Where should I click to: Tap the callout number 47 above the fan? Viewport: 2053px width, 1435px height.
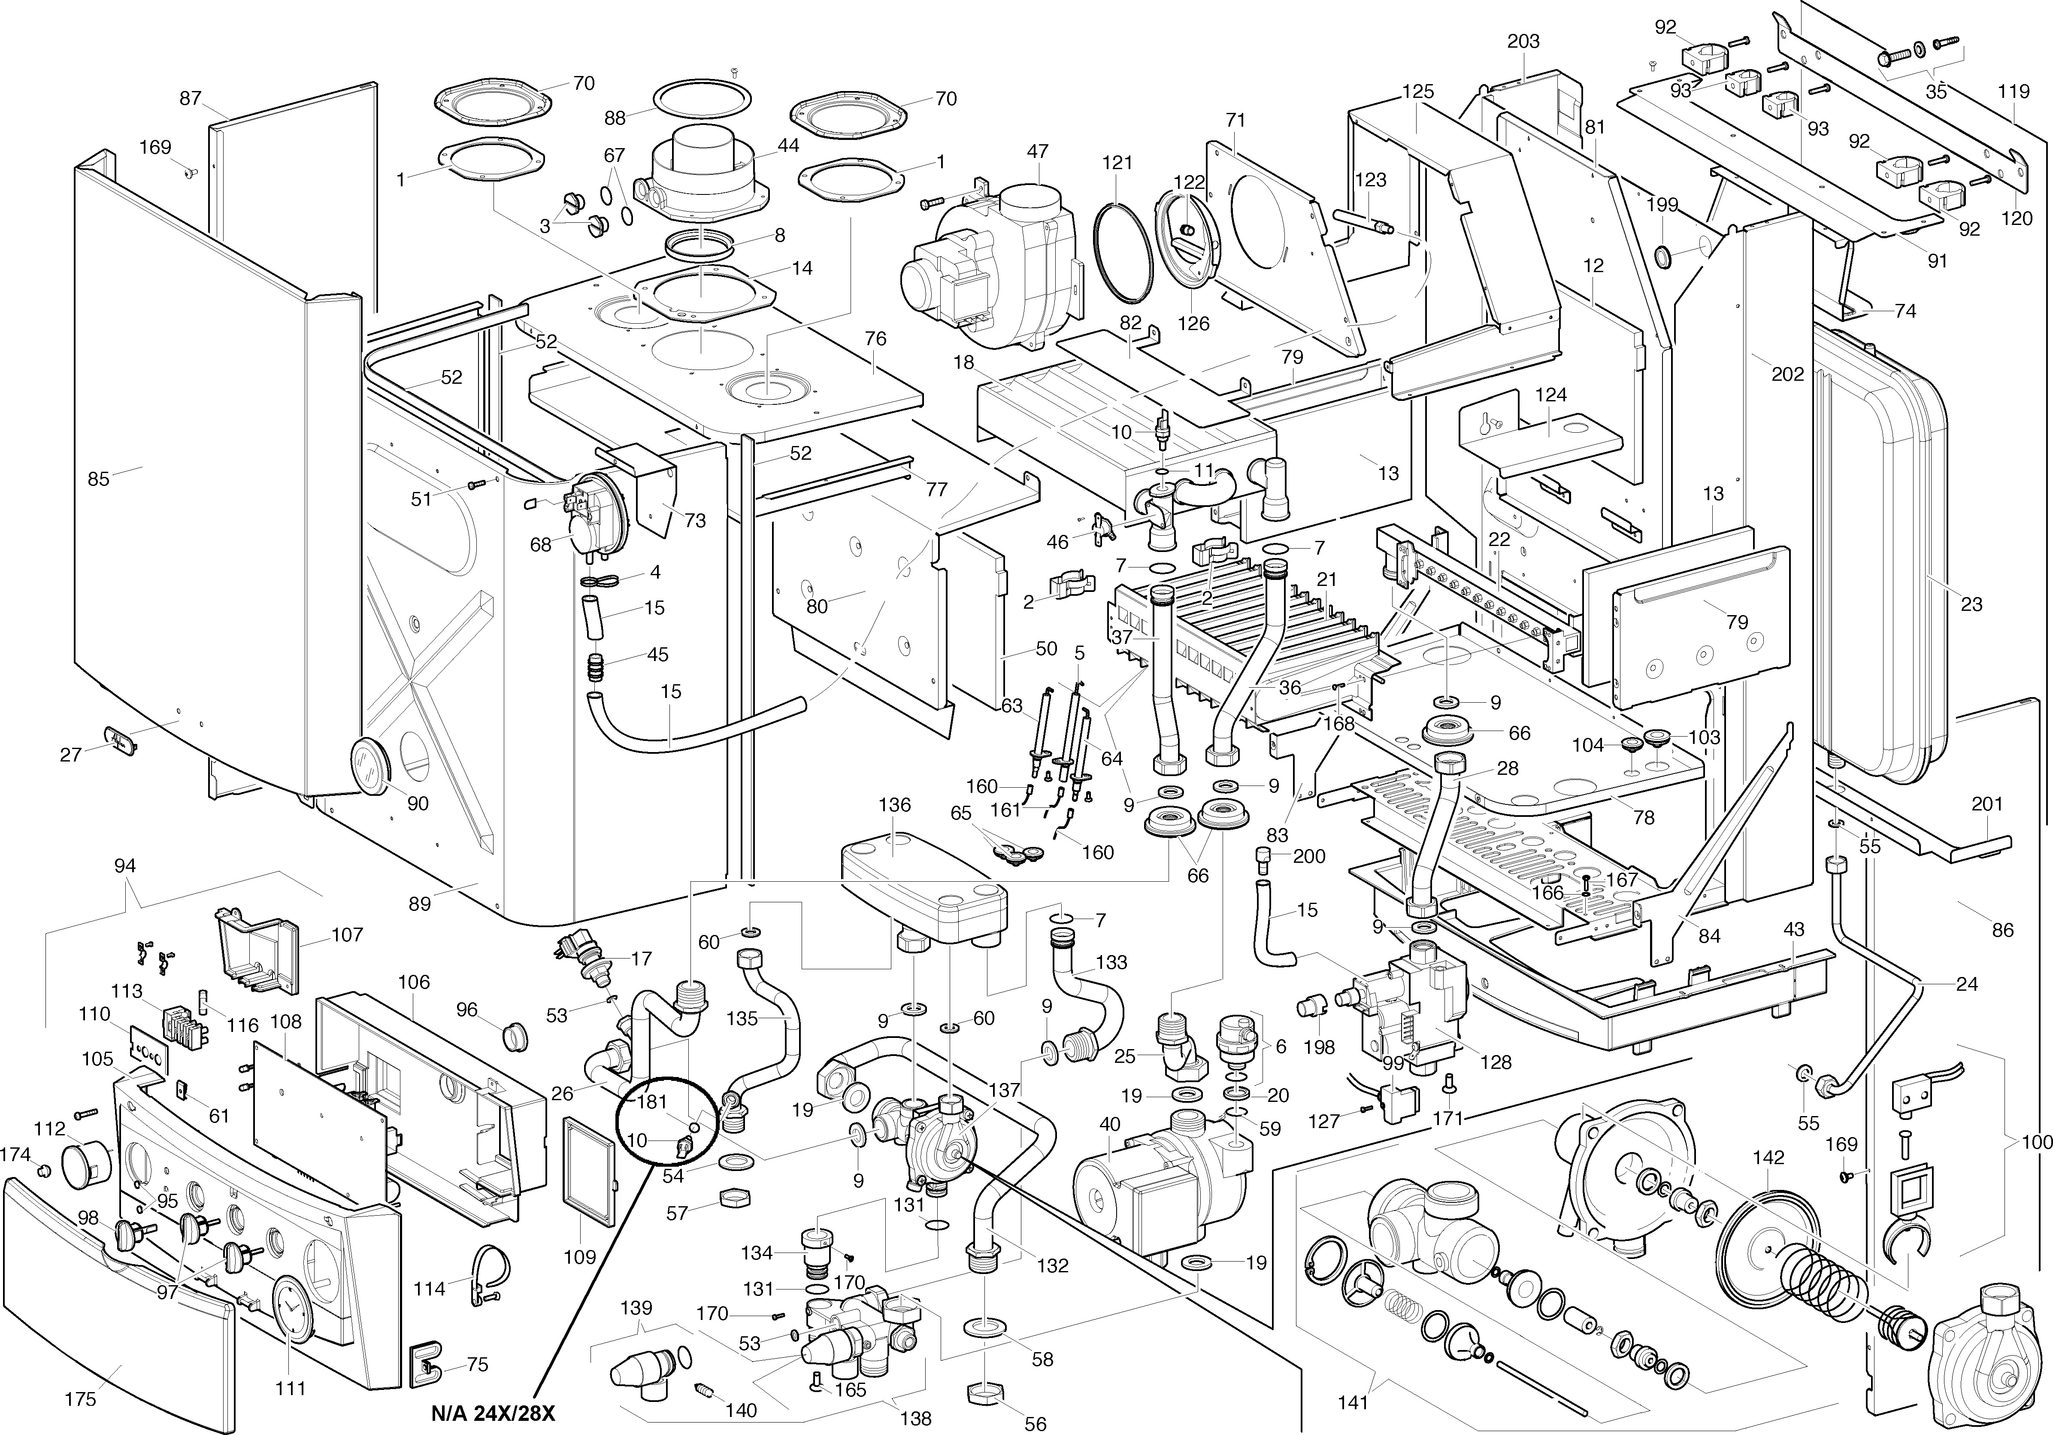tap(1037, 152)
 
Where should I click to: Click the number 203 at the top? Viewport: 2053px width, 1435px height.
tap(1523, 41)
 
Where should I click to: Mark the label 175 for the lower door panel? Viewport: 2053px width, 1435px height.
tap(81, 1399)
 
